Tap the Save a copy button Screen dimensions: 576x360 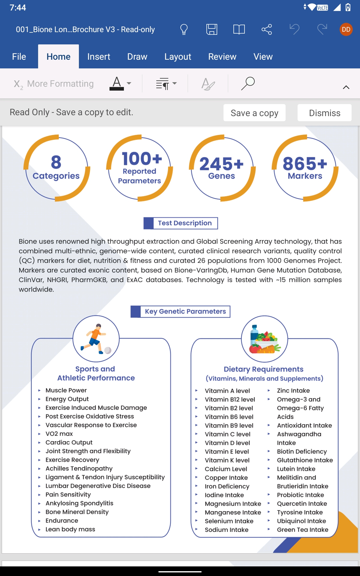254,113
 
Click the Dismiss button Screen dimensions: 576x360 324,113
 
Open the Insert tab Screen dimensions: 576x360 99,57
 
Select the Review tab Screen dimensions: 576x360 222,57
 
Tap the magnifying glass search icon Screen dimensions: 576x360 248,83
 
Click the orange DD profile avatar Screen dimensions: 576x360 346,29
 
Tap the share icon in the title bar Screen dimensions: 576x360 266,29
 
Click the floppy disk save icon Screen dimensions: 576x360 211,29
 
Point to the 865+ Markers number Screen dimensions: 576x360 305,164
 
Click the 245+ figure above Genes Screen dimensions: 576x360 222,164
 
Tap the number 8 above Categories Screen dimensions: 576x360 56,162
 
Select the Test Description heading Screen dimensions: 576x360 184,223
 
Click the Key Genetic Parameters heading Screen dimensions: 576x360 185,311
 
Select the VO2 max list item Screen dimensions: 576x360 59,434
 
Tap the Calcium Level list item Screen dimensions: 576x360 226,469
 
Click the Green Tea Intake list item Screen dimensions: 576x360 302,530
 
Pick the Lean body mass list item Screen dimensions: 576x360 70,529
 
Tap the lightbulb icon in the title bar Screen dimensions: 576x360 184,29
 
